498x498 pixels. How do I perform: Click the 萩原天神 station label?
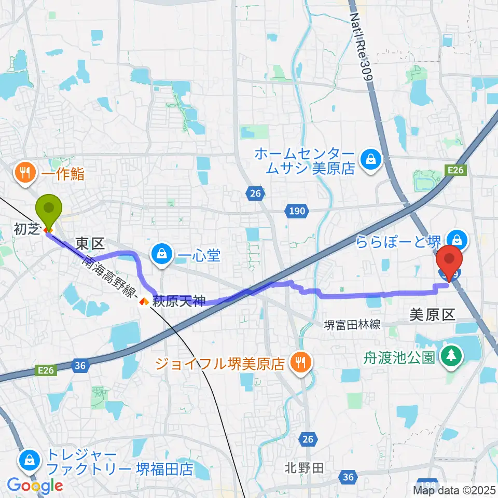[x=179, y=301]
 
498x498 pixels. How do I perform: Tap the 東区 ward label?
[x=90, y=243]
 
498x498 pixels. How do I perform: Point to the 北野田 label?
[x=305, y=468]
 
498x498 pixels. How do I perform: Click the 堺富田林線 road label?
[x=352, y=325]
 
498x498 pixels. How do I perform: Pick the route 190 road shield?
[x=297, y=210]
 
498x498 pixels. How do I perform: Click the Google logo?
[x=35, y=486]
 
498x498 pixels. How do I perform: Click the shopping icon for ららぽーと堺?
[x=457, y=240]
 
